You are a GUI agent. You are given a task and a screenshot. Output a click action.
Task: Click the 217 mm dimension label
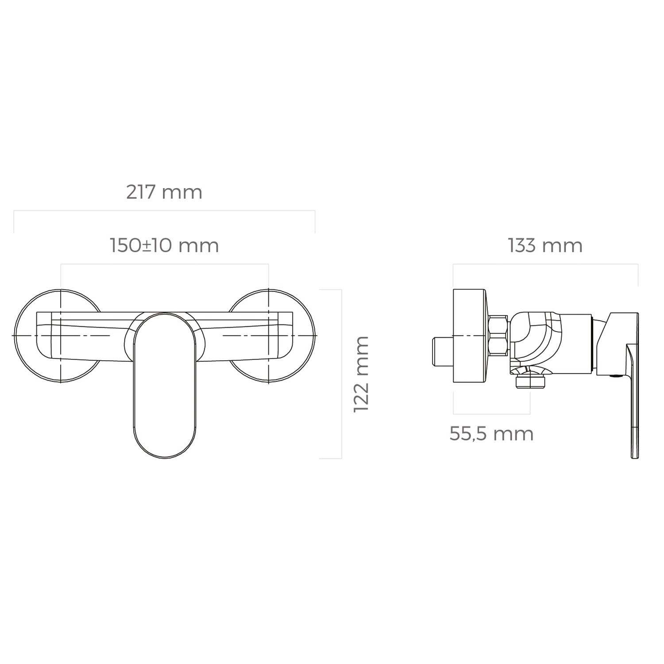[164, 192]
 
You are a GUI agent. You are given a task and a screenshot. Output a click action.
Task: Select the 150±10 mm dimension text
[164, 245]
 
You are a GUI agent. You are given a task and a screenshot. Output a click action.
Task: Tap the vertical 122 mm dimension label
[361, 374]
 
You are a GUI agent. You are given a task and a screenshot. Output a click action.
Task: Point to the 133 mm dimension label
[545, 245]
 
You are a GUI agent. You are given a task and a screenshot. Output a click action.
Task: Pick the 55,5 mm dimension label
[491, 433]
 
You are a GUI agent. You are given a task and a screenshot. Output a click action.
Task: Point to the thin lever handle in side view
[634, 390]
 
